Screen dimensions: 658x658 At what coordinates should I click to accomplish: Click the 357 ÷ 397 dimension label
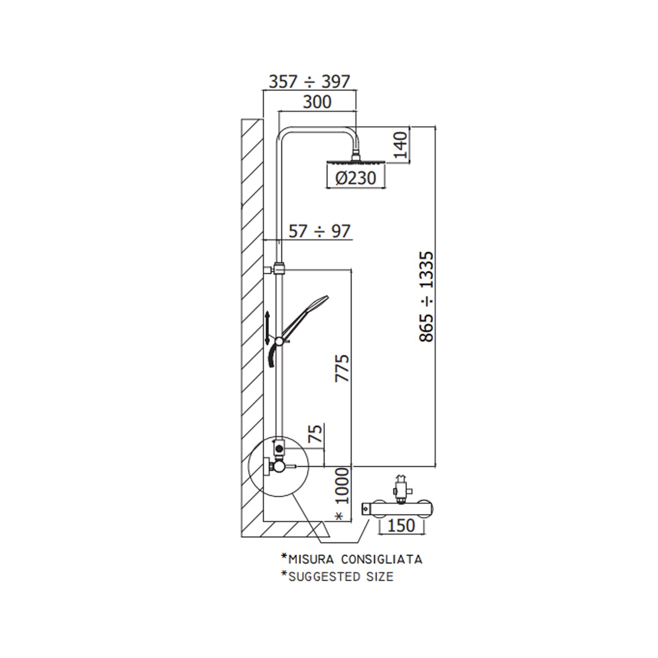(309, 82)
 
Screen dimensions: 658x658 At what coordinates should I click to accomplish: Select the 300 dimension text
(317, 102)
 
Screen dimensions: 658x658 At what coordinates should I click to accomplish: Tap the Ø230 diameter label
(356, 178)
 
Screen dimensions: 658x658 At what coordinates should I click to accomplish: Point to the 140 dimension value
(401, 145)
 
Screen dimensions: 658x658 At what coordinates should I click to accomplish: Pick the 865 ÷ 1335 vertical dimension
(426, 297)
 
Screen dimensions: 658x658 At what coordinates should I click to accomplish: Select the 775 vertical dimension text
(342, 368)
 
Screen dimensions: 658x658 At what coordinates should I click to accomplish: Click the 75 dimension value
(315, 433)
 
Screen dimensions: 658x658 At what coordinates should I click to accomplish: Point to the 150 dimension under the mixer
(401, 525)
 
